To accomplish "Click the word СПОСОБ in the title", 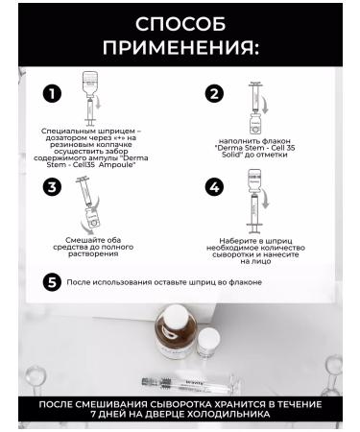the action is coord(180,24).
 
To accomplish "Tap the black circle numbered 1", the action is coord(52,94).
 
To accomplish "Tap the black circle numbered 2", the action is coord(214,94).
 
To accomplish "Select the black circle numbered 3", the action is coord(52,187).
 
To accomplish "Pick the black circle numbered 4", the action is coord(214,187).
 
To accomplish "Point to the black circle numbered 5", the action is coord(52,282).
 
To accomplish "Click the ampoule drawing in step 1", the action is coord(90,84).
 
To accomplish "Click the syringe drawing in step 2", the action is coord(256,97).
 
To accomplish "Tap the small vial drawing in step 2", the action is coord(255,123).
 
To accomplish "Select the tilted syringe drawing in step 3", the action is coord(84,191).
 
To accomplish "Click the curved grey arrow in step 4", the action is coord(265,199).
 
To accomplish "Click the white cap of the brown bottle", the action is coord(176,314).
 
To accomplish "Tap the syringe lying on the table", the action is coord(191,384).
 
